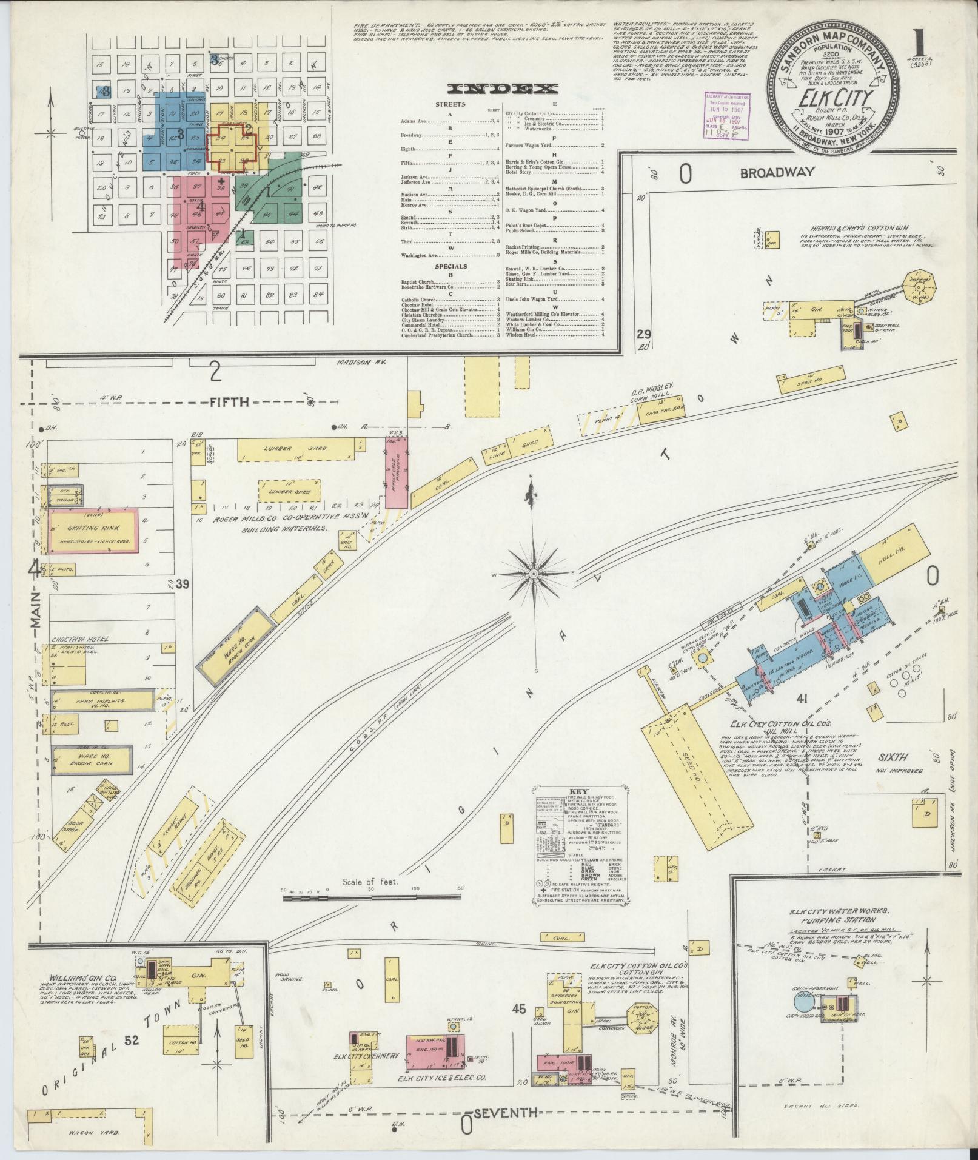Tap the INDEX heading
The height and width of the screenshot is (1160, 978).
502,89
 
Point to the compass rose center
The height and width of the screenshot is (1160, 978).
533,574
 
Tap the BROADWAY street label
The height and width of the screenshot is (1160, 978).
777,173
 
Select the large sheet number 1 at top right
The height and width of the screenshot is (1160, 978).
921,41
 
